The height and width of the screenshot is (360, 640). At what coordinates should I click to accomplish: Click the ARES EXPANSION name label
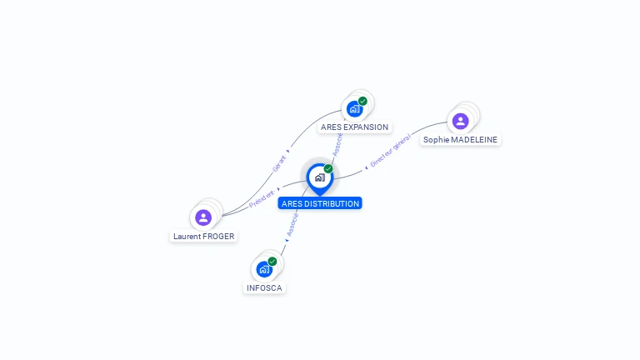point(354,127)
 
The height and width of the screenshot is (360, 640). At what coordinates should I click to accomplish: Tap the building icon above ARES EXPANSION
point(354,109)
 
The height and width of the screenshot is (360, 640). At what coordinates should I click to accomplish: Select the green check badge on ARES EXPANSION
point(362,101)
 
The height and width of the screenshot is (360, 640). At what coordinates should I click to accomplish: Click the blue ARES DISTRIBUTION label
point(320,203)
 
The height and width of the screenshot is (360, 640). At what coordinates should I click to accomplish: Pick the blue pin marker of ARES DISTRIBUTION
point(319,178)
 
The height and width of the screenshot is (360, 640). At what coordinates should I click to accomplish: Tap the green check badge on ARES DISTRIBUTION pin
point(328,168)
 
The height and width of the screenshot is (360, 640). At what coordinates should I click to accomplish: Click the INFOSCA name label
point(264,287)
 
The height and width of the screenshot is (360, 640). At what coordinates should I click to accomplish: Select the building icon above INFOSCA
point(263,269)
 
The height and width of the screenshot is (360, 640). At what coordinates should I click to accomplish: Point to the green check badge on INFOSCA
point(272,261)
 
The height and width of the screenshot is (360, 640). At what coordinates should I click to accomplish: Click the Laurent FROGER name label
point(203,236)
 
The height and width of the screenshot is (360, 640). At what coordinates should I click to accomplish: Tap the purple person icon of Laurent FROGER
point(203,217)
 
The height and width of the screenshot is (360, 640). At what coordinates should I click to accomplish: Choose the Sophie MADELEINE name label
point(461,140)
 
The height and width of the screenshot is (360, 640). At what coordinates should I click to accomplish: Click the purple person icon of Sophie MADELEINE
point(460,122)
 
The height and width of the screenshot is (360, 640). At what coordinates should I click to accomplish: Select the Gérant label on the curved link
point(280,162)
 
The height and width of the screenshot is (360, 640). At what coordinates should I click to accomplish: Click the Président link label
point(262,198)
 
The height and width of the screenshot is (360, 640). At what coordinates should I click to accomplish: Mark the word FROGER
point(218,236)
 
